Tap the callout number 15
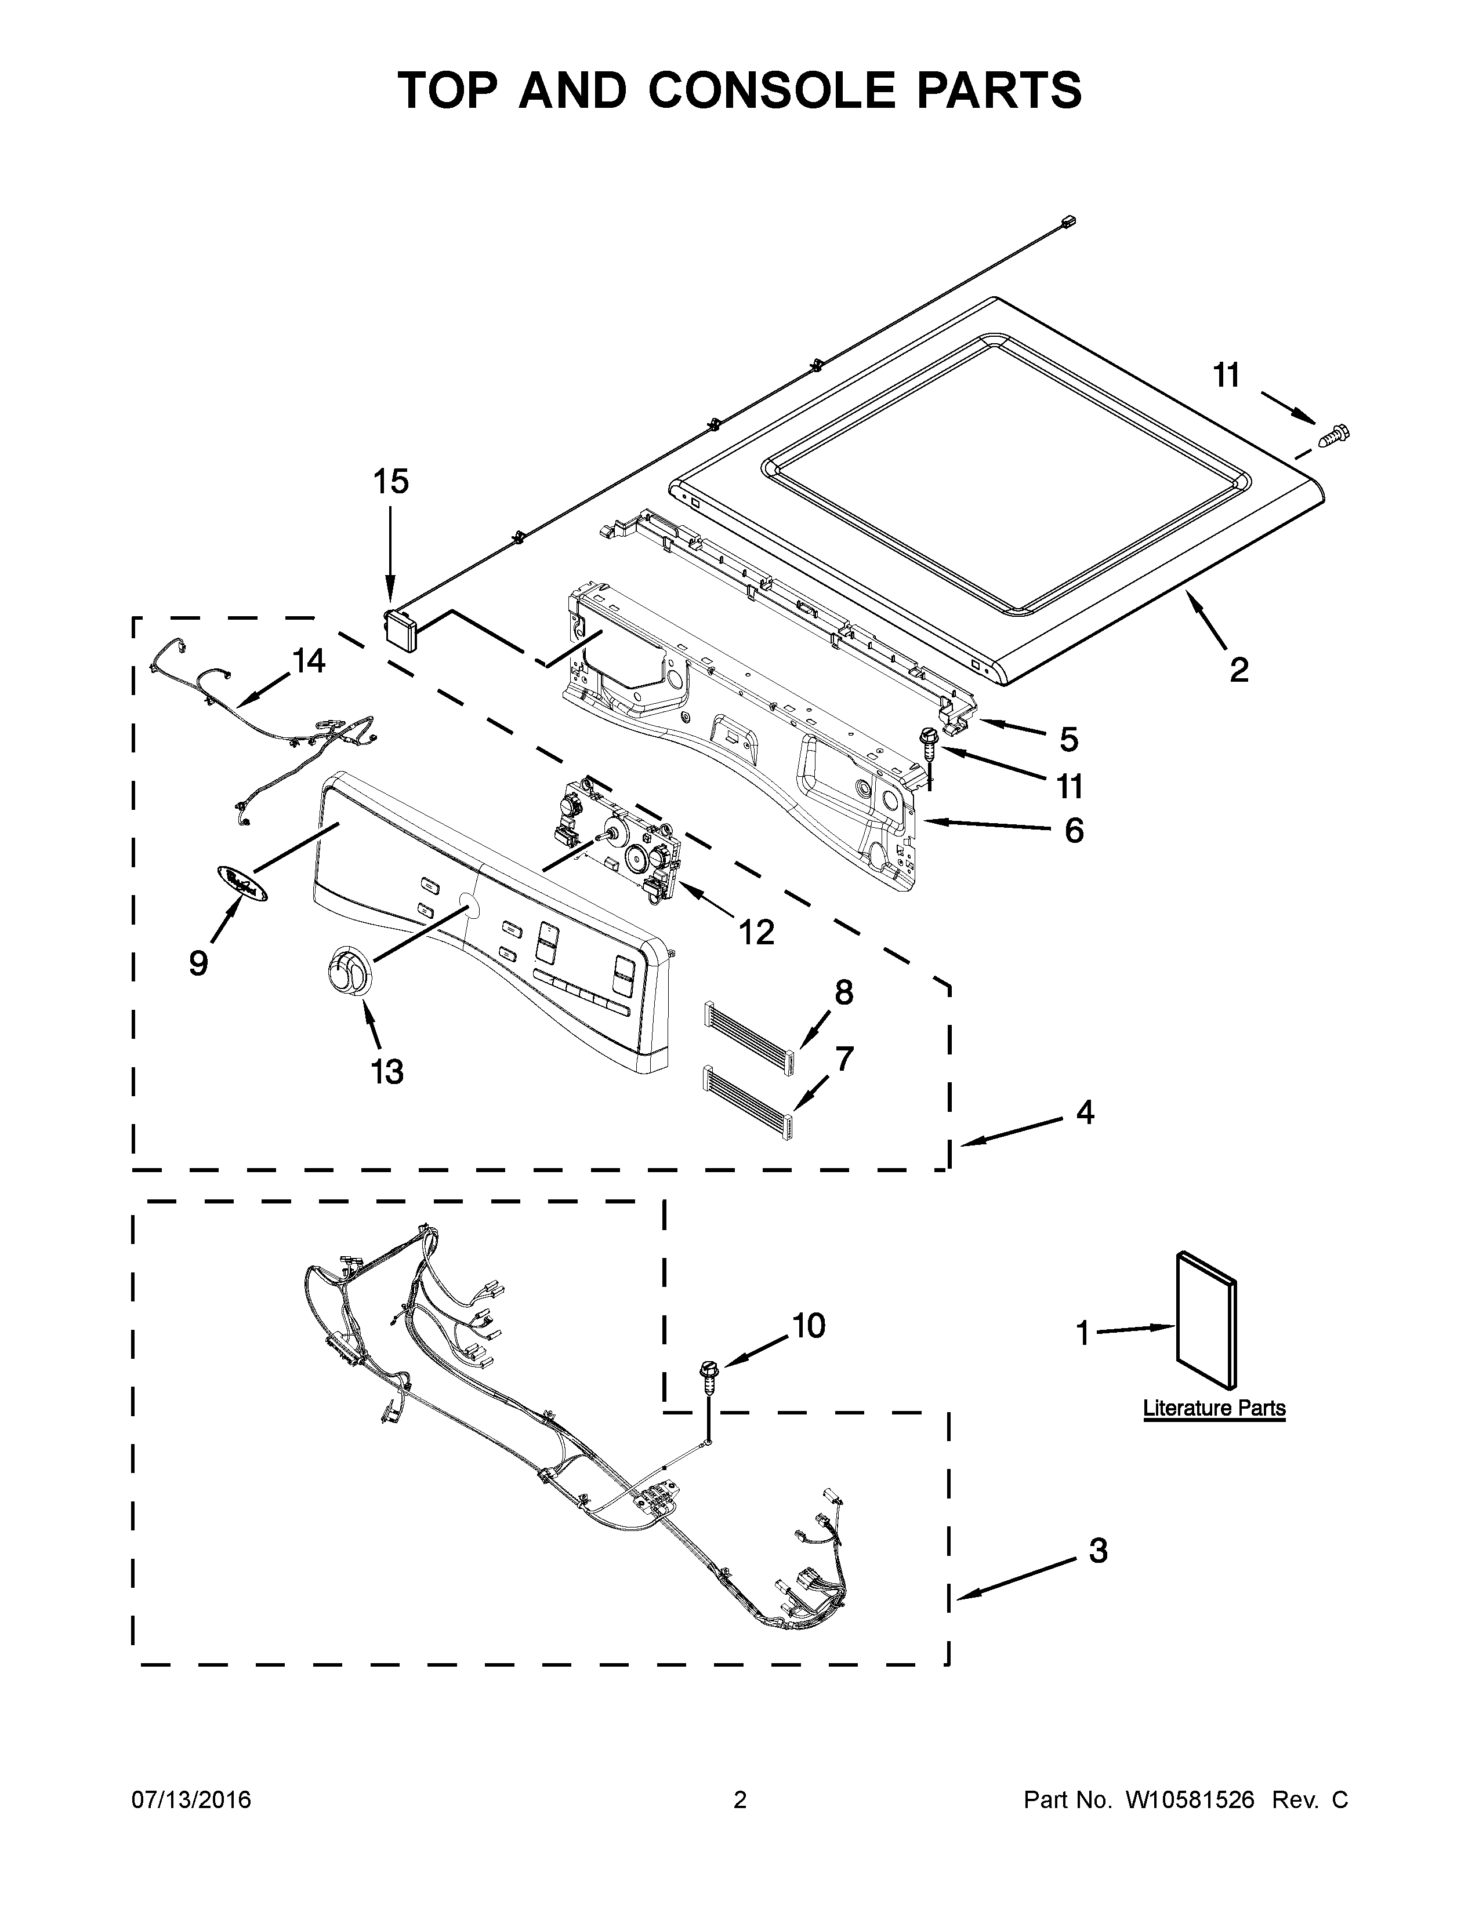(391, 481)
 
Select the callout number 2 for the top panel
(1238, 670)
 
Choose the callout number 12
(756, 933)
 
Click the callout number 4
(1085, 1113)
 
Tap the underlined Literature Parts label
(1213, 1409)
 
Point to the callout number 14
(309, 661)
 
